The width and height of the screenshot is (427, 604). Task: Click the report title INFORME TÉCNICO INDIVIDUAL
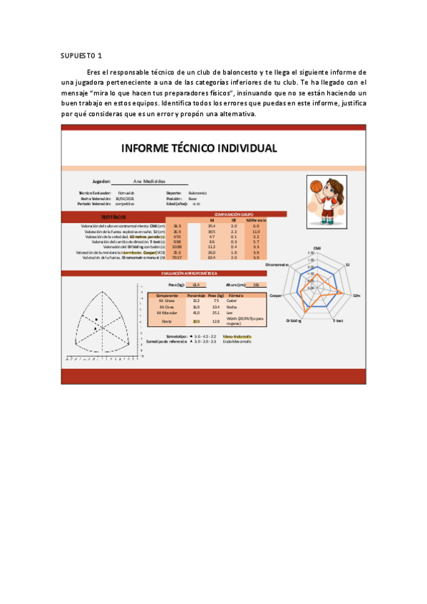[199, 148]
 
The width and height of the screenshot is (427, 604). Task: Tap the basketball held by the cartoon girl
[316, 187]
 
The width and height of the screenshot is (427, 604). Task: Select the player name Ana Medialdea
[149, 182]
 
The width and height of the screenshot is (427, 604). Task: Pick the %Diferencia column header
[256, 220]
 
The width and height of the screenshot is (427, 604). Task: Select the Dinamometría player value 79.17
[178, 258]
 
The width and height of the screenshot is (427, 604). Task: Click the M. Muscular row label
[168, 313]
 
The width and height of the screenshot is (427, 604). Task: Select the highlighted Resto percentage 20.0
[196, 321]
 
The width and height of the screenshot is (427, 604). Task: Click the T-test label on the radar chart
[339, 321]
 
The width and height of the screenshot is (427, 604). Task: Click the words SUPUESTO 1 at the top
[81, 55]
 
